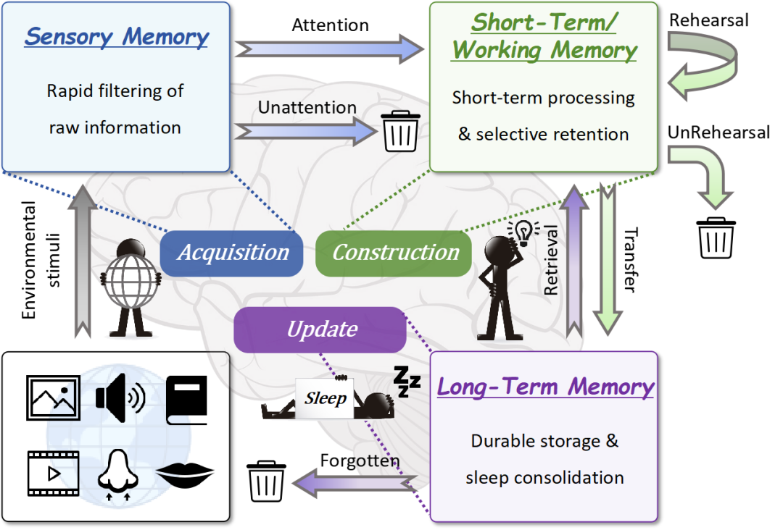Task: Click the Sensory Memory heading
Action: tap(116, 37)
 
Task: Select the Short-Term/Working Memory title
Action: tap(544, 36)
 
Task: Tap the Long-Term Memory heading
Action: tap(545, 386)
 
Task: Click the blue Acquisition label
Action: tap(233, 253)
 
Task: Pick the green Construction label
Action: tap(395, 253)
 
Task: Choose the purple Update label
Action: tap(322, 329)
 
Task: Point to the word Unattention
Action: tap(307, 108)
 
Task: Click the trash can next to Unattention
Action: tap(401, 131)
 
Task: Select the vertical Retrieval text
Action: tap(552, 260)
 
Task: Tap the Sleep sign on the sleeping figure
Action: tap(325, 398)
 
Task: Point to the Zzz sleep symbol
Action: tap(407, 381)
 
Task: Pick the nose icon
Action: tap(117, 474)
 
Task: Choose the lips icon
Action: tap(185, 474)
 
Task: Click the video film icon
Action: tap(53, 474)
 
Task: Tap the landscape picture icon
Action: tap(53, 397)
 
